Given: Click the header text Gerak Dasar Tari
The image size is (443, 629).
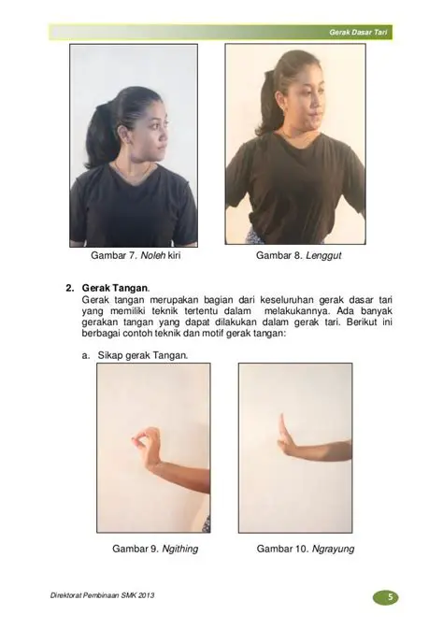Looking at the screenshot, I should coord(359,33).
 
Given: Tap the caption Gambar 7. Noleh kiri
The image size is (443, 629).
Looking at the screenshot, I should coord(133,255).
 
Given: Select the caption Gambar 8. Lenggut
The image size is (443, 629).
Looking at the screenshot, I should coord(294,255).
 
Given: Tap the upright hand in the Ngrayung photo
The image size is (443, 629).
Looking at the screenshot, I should coord(284,436).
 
